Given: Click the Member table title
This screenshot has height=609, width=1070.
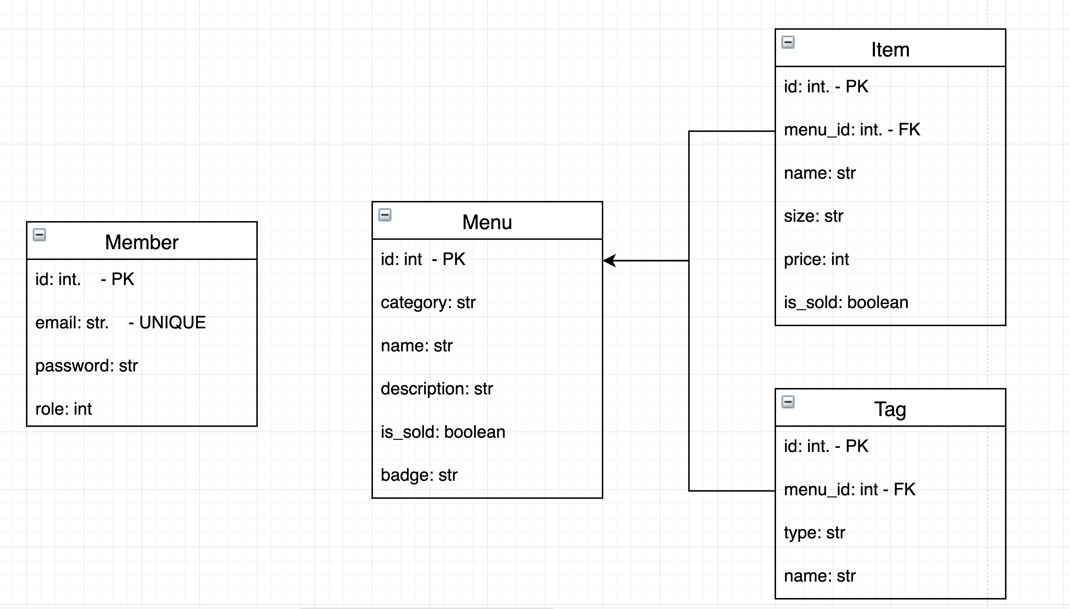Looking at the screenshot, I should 141,242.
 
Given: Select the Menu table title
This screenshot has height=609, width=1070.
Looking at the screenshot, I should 487,222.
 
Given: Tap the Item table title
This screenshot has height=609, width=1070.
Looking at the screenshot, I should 890,50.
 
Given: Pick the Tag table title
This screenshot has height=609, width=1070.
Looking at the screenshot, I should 890,409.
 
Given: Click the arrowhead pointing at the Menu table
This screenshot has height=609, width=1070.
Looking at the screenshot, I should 609,261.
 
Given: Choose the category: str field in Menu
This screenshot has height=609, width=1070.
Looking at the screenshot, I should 428,302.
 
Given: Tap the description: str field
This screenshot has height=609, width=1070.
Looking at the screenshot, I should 437,389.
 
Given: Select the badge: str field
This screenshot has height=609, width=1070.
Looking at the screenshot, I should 419,475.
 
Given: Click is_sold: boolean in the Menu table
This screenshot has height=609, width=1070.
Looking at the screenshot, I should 443,432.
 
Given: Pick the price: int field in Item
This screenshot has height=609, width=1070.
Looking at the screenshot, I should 816,259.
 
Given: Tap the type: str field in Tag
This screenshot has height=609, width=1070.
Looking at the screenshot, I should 814,533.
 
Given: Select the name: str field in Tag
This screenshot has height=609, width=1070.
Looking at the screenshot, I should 819,576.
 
